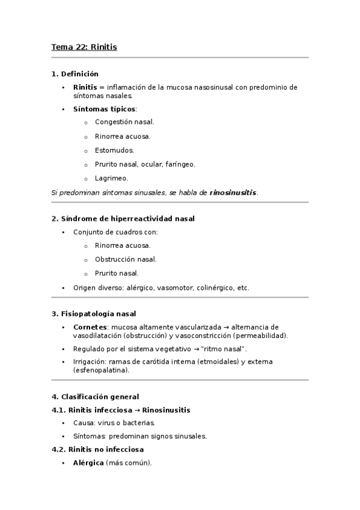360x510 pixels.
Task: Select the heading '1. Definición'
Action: pyautogui.click(x=75, y=74)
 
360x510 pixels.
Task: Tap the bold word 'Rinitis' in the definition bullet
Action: pyautogui.click(x=85, y=87)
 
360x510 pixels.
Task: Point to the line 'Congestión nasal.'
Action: pyautogui.click(x=124, y=121)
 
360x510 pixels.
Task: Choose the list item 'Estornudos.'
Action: pyautogui.click(x=114, y=150)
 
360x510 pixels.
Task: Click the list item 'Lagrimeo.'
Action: pyautogui.click(x=111, y=178)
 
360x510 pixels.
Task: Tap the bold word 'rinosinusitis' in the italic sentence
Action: pyautogui.click(x=233, y=192)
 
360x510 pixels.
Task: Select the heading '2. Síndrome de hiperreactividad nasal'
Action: pyautogui.click(x=123, y=218)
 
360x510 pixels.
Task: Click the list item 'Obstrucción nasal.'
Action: pyautogui.click(x=126, y=259)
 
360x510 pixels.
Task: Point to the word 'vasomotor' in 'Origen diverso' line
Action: pyautogui.click(x=175, y=287)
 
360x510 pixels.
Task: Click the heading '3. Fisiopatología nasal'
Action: pyautogui.click(x=94, y=313)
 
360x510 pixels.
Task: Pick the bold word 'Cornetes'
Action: pyautogui.click(x=90, y=327)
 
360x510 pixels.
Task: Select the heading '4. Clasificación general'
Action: pyautogui.click(x=96, y=396)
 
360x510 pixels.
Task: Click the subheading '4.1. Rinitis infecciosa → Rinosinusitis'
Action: pyautogui.click(x=121, y=410)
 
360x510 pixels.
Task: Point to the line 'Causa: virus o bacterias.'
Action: pyautogui.click(x=109, y=423)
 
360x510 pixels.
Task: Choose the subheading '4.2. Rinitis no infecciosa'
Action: pyautogui.click(x=98, y=449)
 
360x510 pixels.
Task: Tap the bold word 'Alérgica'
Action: pyautogui.click(x=88, y=462)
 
